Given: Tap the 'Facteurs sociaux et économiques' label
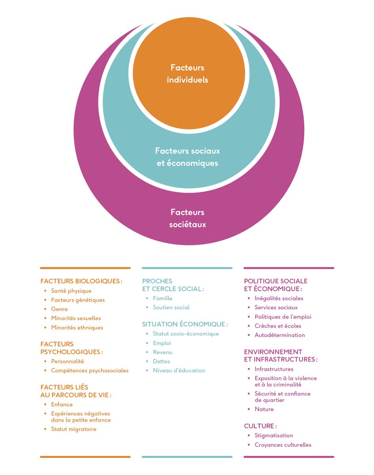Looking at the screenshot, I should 187,157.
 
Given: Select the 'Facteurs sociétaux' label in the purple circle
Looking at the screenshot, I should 187,218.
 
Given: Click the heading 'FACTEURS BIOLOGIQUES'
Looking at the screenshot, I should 81,281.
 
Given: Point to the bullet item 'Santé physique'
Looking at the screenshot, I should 71,291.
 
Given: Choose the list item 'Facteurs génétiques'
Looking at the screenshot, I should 78,300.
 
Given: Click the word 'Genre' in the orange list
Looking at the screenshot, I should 59,309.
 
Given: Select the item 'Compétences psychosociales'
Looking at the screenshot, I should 90,370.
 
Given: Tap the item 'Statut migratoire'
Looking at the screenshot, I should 73,429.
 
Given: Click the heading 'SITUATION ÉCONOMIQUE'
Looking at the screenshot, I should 184,324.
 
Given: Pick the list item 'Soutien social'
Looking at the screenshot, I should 171,307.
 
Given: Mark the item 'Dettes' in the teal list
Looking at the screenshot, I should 161,361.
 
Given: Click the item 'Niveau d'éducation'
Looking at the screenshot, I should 179,370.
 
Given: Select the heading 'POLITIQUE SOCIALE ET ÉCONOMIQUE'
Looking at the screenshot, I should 275,285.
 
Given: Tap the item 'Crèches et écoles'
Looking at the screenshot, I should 278,326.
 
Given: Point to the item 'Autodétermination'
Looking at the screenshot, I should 280,335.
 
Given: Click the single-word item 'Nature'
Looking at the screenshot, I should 264,409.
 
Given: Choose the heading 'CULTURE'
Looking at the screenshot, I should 260,426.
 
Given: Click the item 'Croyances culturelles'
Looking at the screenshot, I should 283,445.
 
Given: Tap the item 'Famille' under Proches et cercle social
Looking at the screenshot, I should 162,298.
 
